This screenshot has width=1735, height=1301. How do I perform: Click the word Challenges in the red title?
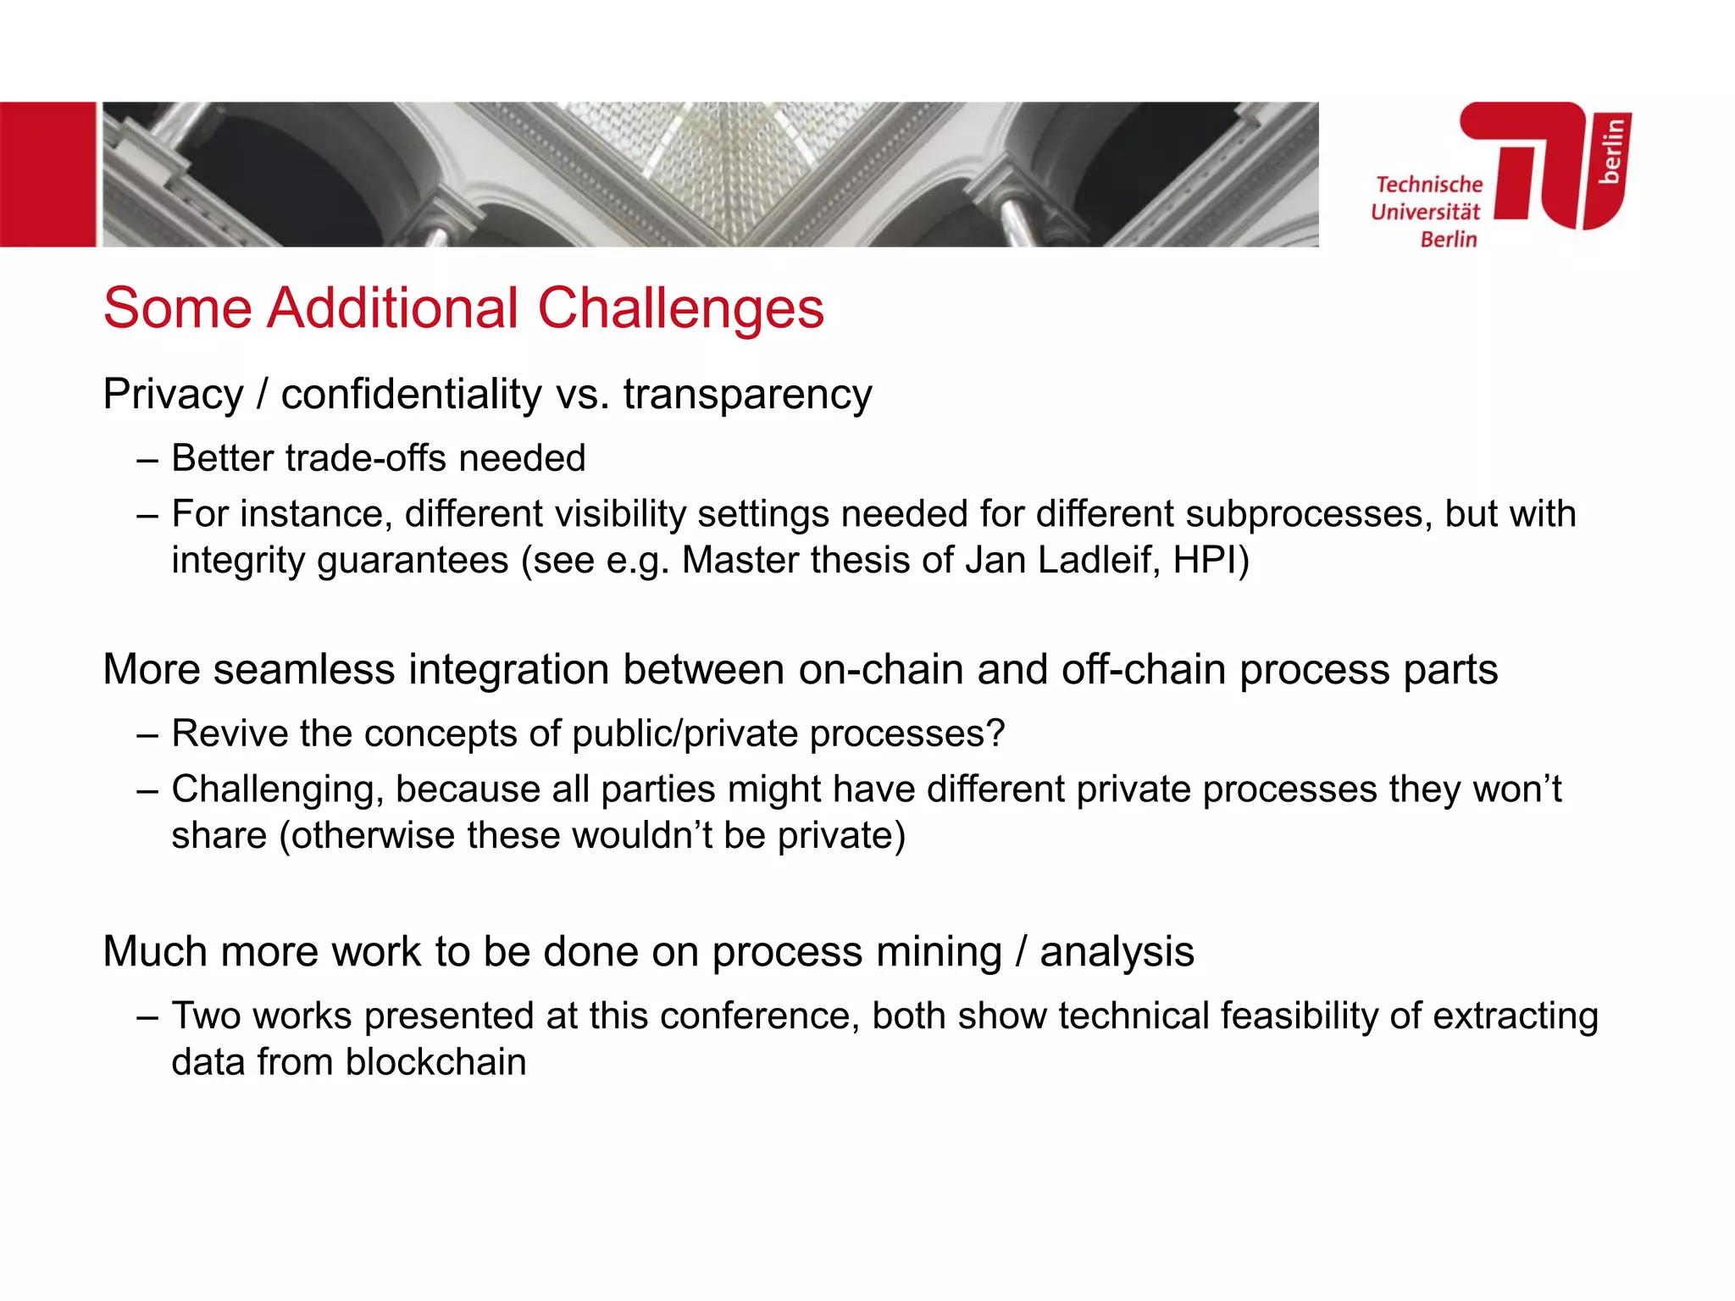(680, 309)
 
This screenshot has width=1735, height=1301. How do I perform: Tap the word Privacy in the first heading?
(173, 395)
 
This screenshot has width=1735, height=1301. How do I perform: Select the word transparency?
(747, 395)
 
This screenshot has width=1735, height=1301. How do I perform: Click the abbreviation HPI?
(1205, 560)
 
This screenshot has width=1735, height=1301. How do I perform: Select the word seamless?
(303, 669)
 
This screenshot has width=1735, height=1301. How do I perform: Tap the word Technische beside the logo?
(1429, 185)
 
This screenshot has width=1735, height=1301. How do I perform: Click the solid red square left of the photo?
(47, 174)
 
